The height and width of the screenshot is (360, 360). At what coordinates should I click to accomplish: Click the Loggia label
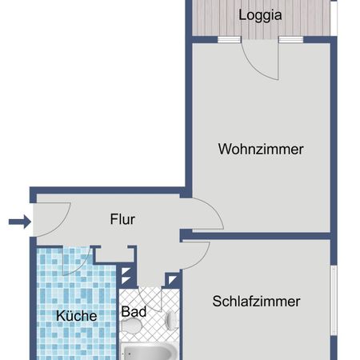tap(261, 15)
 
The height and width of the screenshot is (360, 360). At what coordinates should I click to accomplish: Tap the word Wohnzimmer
tap(261, 149)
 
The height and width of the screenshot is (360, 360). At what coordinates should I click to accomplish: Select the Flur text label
tap(122, 219)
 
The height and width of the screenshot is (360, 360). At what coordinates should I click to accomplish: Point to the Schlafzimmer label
tap(256, 302)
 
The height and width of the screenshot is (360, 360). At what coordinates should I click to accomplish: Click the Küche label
tap(77, 316)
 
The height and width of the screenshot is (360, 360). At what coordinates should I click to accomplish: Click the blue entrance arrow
tap(21, 222)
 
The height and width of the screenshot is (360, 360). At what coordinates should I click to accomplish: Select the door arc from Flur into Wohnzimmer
tap(204, 214)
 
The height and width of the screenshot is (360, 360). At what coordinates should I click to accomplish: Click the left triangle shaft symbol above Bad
tap(126, 278)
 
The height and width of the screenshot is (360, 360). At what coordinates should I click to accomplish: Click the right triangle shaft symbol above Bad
tap(172, 278)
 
